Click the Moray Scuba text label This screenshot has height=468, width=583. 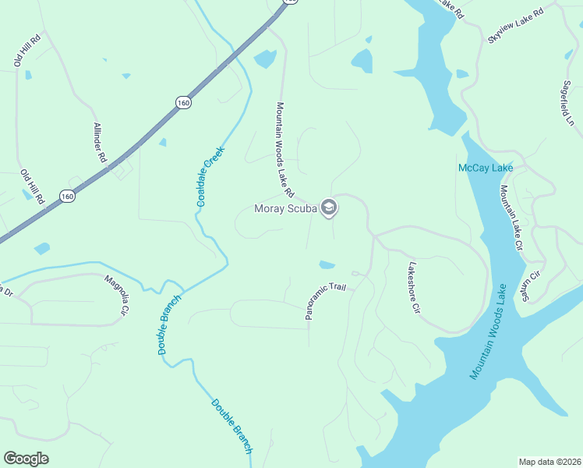[x=286, y=208]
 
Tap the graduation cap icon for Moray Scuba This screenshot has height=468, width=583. [x=329, y=207]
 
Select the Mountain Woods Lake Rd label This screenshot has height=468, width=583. [x=284, y=148]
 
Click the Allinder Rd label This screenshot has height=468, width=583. [x=100, y=142]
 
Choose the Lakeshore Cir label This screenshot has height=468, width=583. [x=413, y=288]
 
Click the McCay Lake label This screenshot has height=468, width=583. [x=485, y=168]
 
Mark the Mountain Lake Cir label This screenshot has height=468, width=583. [x=511, y=218]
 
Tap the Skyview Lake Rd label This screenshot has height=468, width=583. [x=514, y=26]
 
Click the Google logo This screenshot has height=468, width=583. [x=26, y=459]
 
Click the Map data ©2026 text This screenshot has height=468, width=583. [x=550, y=462]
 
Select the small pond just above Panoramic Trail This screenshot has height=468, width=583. [x=327, y=264]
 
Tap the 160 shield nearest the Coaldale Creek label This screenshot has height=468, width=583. [x=183, y=102]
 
